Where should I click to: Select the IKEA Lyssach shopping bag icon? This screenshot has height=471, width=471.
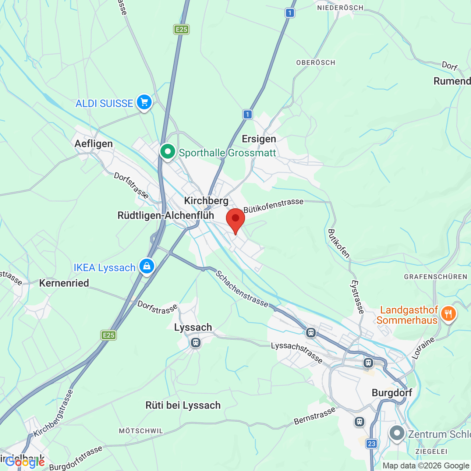tap(146, 266)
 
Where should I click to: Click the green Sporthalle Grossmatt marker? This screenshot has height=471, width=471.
tap(168, 152)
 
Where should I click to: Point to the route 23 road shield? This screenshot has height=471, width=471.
tap(371, 443)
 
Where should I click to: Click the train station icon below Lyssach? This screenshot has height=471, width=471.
tap(196, 343)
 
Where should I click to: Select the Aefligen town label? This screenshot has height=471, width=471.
tap(93, 144)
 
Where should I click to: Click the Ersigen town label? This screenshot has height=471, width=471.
tap(259, 139)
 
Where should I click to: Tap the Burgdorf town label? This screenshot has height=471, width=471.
tap(392, 393)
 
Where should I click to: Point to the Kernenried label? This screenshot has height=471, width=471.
tap(64, 283)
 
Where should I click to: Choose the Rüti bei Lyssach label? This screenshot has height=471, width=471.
tap(183, 405)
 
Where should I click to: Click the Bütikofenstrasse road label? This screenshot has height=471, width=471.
tap(273, 205)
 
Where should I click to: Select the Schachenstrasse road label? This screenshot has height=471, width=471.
tap(242, 289)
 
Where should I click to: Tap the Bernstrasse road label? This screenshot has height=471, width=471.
tap(315, 416)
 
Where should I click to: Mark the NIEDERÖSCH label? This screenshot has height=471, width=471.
tap(340, 8)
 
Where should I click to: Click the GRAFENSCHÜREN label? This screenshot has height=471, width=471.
tap(435, 277)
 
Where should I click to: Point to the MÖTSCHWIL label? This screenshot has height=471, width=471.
tap(141, 431)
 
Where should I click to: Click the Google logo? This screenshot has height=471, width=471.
tap(25, 462)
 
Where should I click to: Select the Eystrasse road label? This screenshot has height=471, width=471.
tap(357, 297)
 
